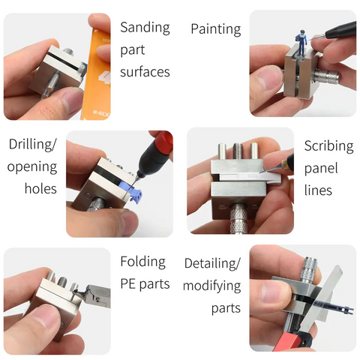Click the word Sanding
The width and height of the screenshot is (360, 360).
(145, 28)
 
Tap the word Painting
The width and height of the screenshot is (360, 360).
(216, 30)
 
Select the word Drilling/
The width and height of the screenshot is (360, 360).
(33, 144)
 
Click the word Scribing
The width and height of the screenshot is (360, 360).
(328, 146)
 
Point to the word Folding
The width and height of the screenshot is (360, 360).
(143, 262)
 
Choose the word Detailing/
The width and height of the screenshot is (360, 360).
(212, 264)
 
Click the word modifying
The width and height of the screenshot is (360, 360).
(212, 286)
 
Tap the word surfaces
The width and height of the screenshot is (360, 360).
(145, 72)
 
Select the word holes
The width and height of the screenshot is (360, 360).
(40, 188)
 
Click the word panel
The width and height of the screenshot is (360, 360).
(321, 168)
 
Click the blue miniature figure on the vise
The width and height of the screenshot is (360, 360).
(301, 43)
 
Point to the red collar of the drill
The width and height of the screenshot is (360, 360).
(166, 141)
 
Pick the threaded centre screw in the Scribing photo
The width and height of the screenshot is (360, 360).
(238, 152)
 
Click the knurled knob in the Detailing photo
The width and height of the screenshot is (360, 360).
(310, 269)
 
